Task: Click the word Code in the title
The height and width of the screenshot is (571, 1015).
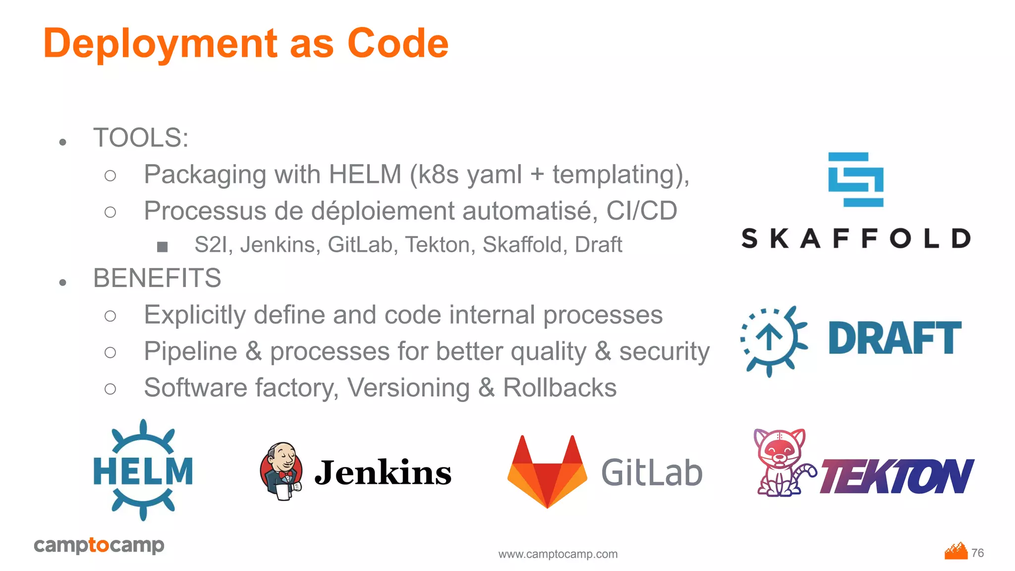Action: click(x=398, y=44)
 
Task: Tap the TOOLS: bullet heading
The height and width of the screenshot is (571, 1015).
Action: click(x=141, y=138)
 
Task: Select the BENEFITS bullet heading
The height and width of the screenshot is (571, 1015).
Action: click(x=157, y=278)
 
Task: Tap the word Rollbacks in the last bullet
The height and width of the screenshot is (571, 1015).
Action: click(x=560, y=388)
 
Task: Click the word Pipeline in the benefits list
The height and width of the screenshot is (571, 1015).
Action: click(x=190, y=351)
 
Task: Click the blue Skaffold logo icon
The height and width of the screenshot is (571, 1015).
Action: click(x=856, y=179)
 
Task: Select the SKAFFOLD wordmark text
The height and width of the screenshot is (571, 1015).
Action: click(x=856, y=238)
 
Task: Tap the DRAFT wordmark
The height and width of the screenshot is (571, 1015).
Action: click(x=895, y=338)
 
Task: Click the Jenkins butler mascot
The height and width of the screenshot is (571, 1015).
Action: click(x=281, y=471)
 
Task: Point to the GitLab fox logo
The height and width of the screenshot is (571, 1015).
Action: click(x=547, y=471)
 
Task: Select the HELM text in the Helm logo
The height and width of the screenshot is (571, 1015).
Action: click(x=143, y=471)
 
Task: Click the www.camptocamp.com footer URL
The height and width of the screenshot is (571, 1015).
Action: click(x=558, y=554)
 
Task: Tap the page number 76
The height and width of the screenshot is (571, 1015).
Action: click(x=977, y=553)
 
